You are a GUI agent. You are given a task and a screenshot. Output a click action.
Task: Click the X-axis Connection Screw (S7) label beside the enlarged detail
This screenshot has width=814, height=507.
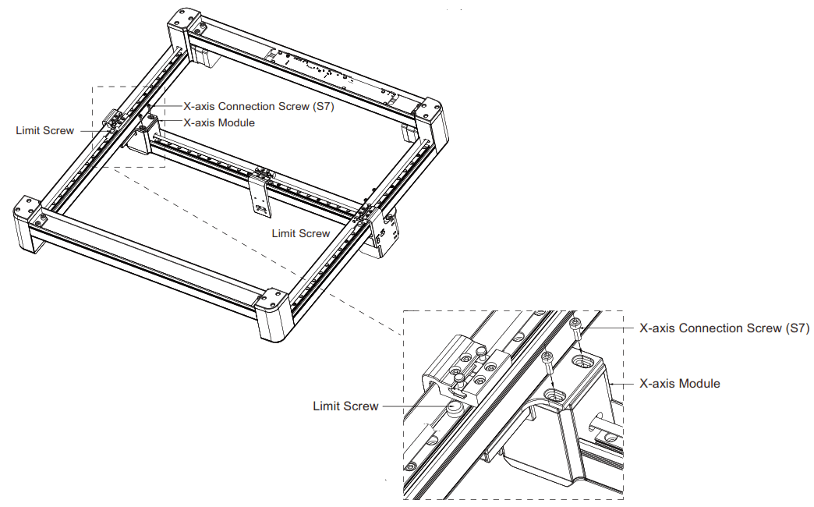[724, 328]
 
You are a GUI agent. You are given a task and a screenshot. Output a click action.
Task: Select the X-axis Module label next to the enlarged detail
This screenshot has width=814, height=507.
[679, 384]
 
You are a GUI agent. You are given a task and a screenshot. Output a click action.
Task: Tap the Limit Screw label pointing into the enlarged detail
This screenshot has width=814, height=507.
[345, 406]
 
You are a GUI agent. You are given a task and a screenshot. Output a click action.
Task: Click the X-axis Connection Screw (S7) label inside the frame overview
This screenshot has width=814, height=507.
[258, 107]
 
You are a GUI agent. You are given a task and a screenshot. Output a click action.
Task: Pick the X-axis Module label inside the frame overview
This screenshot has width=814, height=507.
[219, 122]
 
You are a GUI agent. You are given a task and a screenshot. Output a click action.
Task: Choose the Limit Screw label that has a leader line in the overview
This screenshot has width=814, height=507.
[45, 130]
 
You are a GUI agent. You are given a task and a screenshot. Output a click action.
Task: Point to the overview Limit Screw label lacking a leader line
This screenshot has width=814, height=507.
[301, 233]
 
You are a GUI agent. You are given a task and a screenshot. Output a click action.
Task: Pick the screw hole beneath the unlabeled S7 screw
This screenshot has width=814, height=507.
[555, 396]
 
